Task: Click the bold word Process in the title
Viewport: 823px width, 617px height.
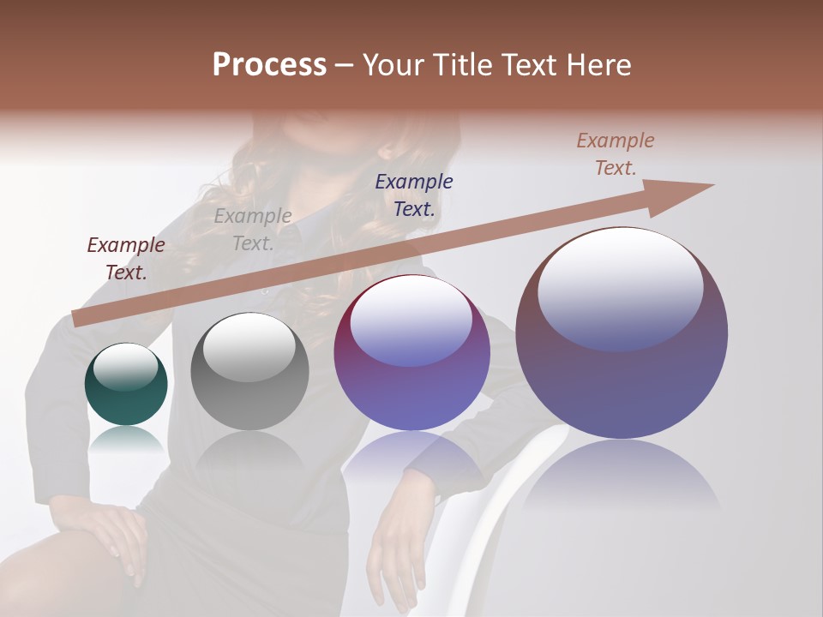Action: pyautogui.click(x=269, y=65)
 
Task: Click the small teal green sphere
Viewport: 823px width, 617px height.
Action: pyautogui.click(x=126, y=384)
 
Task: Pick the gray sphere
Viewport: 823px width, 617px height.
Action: pyautogui.click(x=249, y=372)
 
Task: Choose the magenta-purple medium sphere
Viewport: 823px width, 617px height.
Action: pyautogui.click(x=411, y=353)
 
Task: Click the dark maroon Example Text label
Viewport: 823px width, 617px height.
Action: pyautogui.click(x=126, y=259)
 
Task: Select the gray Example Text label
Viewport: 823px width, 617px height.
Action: pyautogui.click(x=253, y=230)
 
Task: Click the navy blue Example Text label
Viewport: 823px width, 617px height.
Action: pyautogui.click(x=414, y=195)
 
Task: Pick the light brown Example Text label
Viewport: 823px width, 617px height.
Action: pyautogui.click(x=616, y=154)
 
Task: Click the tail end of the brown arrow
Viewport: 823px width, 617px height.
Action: pyautogui.click(x=79, y=318)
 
